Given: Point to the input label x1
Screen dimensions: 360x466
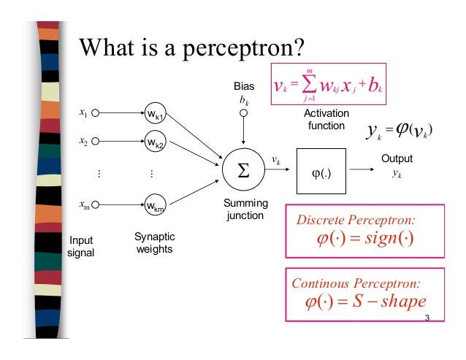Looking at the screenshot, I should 83,113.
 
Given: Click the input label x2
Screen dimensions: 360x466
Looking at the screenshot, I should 83,141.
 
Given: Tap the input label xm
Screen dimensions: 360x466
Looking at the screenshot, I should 84,205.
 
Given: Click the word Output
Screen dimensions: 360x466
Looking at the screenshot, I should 397,158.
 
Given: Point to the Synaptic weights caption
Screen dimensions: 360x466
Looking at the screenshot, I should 155,243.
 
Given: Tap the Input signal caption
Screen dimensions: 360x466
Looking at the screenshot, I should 80,246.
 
